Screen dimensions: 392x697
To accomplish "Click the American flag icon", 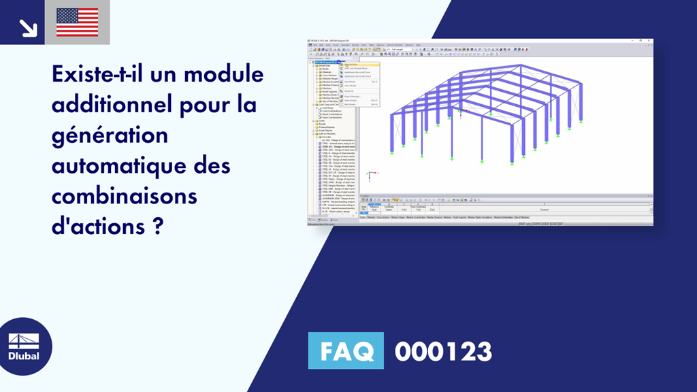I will (77, 22).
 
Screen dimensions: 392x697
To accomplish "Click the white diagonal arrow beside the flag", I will (27, 27).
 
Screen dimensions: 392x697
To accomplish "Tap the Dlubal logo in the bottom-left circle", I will (23, 347).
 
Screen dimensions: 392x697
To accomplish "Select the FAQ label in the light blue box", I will (346, 352).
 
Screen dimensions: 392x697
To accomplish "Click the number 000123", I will (443, 352).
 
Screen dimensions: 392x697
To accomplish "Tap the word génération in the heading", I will (110, 135).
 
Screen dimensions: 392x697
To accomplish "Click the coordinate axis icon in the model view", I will (368, 175).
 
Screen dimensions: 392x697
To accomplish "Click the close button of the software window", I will (650, 42).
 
